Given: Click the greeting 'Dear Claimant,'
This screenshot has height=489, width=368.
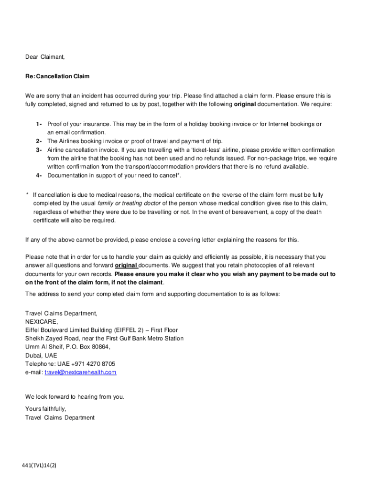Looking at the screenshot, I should [45, 57].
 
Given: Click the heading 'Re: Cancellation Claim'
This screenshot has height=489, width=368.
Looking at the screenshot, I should [57, 76].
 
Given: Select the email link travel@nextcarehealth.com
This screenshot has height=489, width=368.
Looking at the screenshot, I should [80, 372].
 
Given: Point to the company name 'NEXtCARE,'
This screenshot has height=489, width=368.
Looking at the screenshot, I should [41, 322].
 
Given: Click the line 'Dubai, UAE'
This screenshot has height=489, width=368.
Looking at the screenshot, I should [41, 355].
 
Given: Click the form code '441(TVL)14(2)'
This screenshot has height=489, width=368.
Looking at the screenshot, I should [39, 466].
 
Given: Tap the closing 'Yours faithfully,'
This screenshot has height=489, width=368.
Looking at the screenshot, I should [45, 409].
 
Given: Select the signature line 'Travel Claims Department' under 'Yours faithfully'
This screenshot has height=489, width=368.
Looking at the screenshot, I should [60, 418].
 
